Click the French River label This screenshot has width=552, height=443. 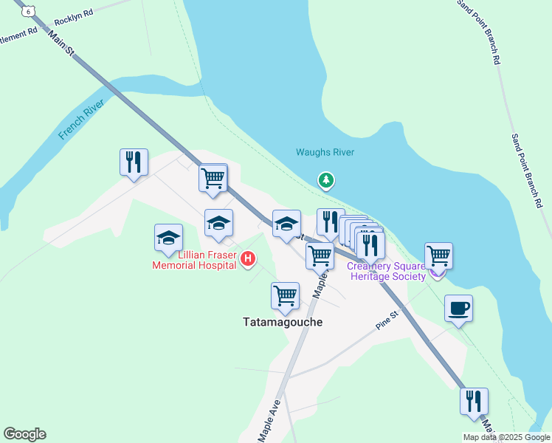82,119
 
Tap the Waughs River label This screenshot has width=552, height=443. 325,152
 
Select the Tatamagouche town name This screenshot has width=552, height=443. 283,322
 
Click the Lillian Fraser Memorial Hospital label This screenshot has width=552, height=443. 195,259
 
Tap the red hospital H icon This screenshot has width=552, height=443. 249,258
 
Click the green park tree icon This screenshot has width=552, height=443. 325,179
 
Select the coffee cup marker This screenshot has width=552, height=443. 458,308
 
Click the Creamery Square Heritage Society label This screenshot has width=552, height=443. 386,271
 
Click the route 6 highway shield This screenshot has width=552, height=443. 28,11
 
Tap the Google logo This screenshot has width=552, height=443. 24,434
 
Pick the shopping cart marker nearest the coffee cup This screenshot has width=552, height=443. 438,255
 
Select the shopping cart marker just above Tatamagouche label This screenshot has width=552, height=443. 285,295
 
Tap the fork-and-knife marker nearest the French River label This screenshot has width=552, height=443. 134,162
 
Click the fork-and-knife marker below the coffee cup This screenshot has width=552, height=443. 474,401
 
